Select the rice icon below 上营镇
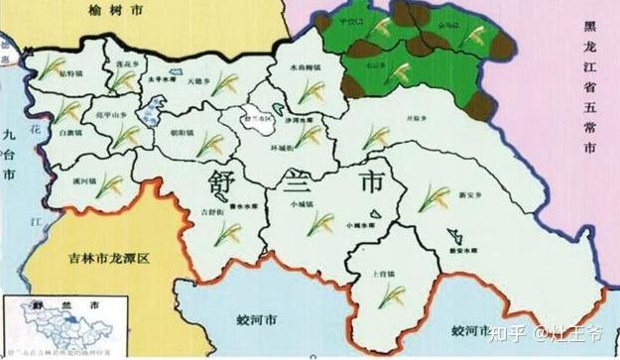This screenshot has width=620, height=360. tap(394, 295)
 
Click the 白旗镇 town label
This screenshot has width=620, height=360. tap(68, 131)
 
